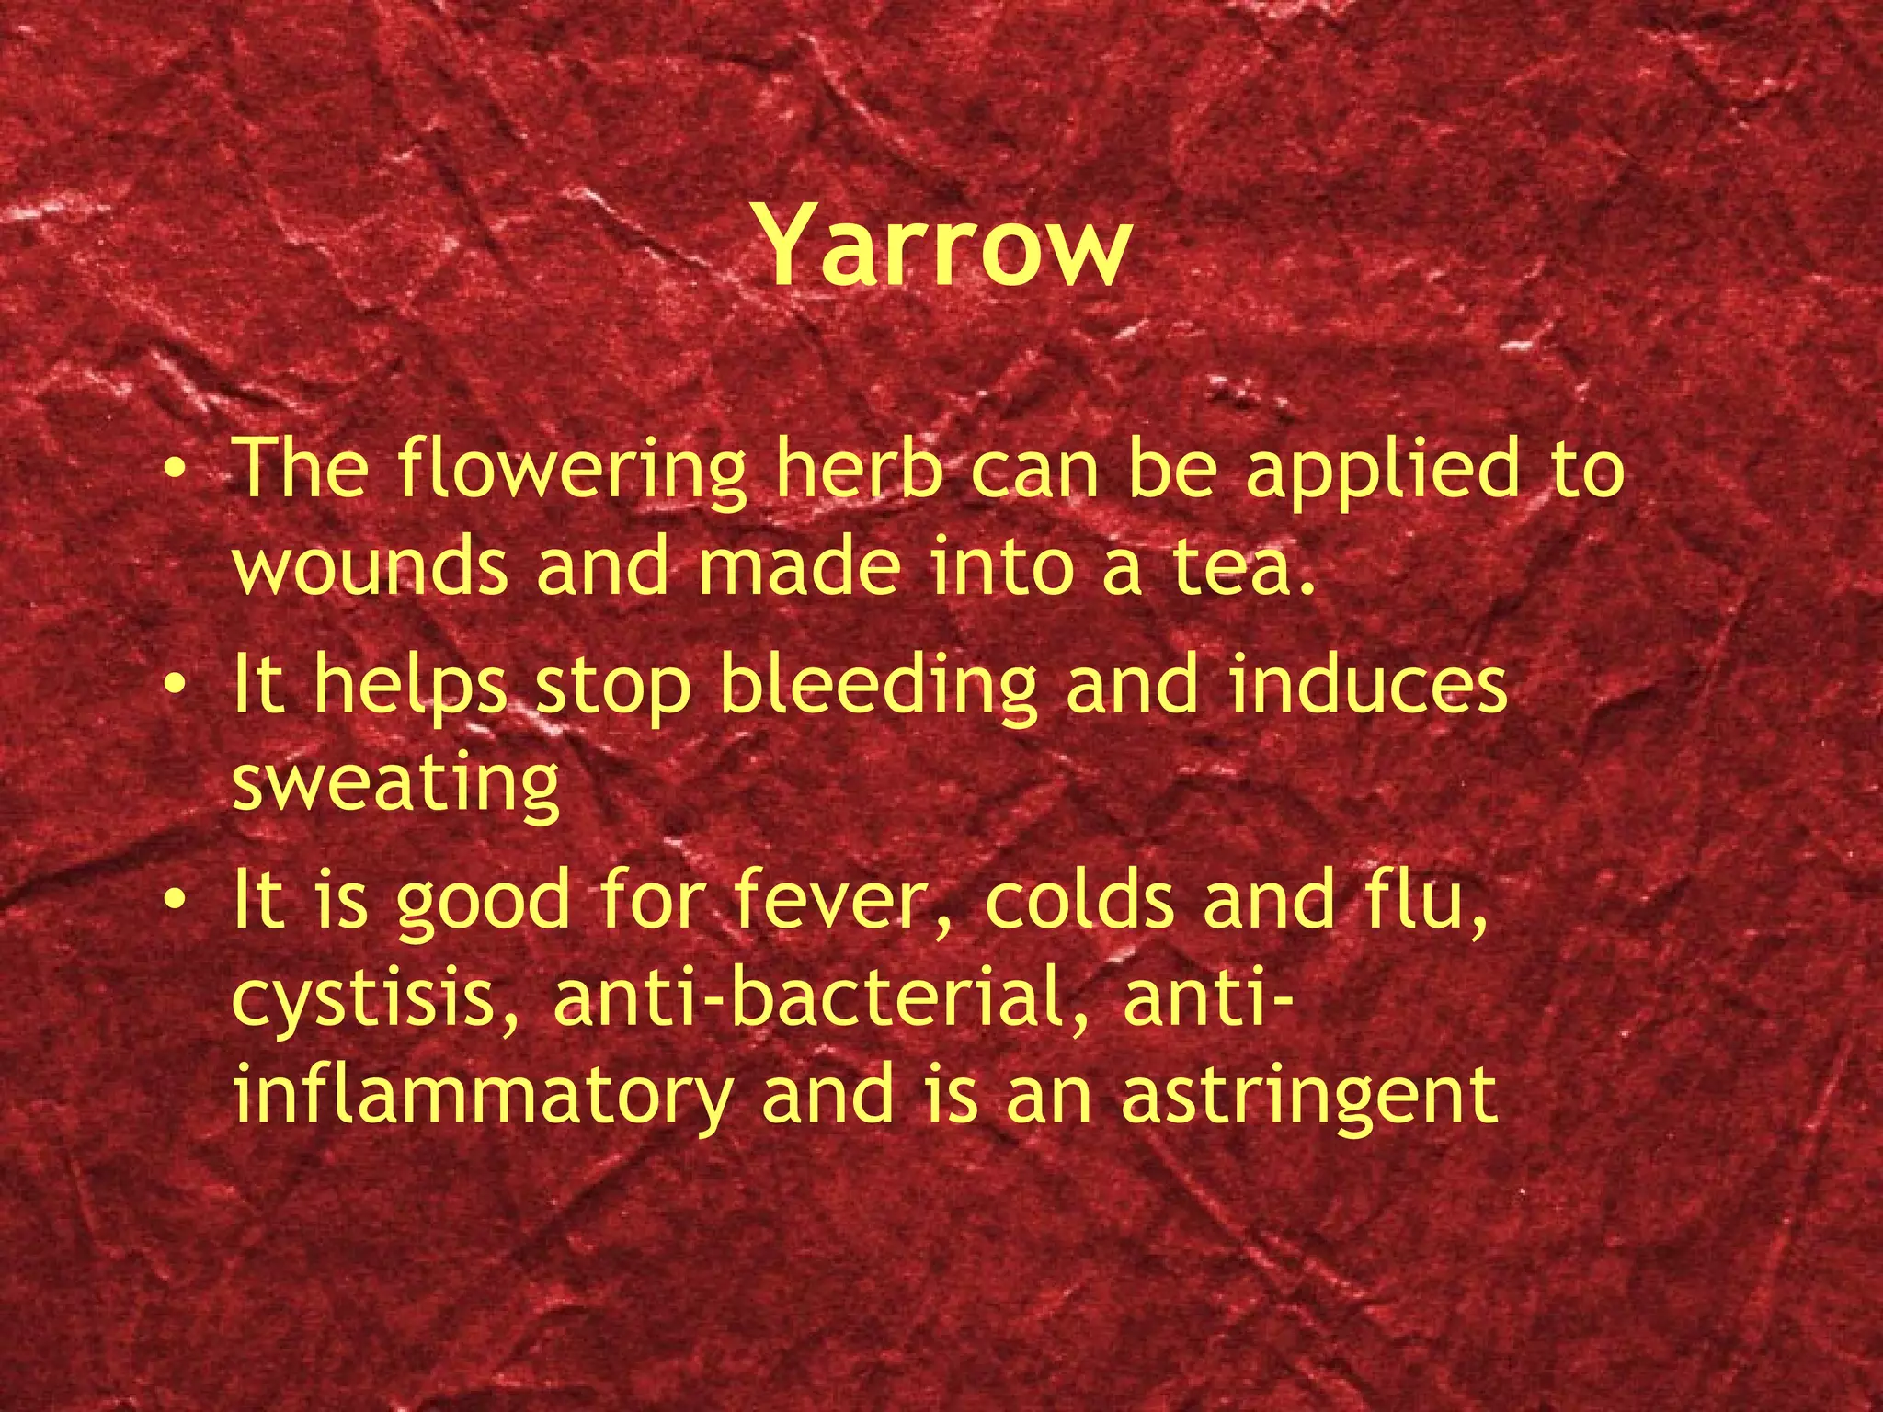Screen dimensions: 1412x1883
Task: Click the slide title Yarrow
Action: coord(943,246)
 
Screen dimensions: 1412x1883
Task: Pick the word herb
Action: coord(861,469)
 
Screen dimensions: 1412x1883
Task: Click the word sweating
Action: coord(395,783)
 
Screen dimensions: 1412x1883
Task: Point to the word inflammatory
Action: coord(483,1096)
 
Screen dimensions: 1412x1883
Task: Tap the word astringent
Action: coord(1309,1096)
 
